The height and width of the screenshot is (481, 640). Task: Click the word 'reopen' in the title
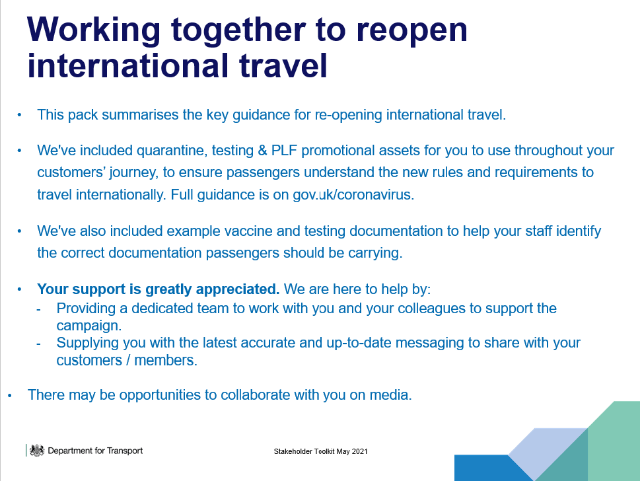(x=411, y=31)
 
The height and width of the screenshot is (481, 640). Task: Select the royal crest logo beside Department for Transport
(x=37, y=451)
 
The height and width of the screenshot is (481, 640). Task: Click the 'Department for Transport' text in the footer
(x=95, y=451)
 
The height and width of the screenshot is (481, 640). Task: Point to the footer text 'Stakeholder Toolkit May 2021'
(x=320, y=451)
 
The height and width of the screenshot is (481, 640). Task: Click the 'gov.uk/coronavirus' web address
(x=353, y=195)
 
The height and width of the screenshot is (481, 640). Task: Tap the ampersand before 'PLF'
(x=262, y=150)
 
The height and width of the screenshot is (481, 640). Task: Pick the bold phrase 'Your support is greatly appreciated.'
(x=159, y=289)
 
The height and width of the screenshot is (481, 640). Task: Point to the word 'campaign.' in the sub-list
(x=89, y=326)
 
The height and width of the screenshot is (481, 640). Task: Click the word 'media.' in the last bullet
(x=390, y=395)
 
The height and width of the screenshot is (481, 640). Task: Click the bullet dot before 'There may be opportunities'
(x=10, y=396)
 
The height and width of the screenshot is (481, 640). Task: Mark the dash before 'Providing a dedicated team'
(x=39, y=309)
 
